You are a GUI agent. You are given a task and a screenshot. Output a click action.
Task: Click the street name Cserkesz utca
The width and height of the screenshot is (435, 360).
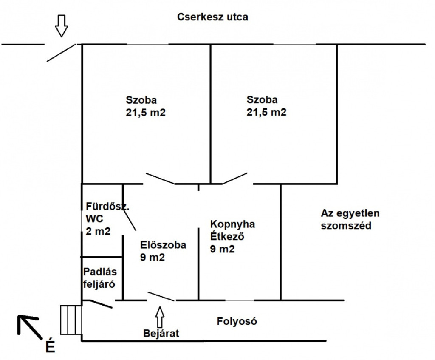[x=212, y=17]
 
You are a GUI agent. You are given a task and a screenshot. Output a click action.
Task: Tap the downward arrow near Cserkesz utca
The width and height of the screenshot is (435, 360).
[x=61, y=26]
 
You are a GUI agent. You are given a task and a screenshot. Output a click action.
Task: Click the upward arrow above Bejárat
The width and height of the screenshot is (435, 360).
[x=160, y=317]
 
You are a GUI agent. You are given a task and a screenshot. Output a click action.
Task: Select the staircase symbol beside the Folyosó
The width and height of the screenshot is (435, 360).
[x=71, y=320]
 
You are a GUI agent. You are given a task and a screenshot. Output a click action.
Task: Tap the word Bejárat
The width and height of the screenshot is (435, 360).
[x=161, y=333]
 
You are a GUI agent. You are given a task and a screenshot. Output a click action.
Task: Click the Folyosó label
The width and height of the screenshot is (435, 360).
[x=237, y=321]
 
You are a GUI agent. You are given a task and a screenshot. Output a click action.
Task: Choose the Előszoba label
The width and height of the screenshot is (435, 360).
[x=163, y=245]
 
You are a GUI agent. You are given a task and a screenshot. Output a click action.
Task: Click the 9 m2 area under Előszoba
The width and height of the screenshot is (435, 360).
[x=153, y=257]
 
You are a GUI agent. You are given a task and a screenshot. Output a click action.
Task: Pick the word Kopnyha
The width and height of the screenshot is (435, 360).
[x=232, y=224]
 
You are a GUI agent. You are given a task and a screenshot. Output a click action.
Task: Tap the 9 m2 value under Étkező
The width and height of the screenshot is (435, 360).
[x=222, y=249]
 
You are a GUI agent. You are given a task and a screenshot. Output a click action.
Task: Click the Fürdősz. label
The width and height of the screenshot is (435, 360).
[x=107, y=207]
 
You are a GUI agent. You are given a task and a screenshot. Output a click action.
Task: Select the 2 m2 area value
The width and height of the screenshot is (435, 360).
[x=98, y=231]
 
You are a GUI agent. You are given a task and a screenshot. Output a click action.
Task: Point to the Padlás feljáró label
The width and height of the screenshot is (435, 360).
[x=100, y=278]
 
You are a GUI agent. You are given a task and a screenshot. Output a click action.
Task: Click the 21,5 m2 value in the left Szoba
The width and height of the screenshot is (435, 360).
[x=145, y=113]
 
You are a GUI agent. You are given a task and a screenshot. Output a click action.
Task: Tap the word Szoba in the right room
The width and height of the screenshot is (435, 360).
[x=262, y=99]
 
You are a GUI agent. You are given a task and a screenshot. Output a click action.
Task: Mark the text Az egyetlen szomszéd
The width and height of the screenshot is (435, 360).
[x=350, y=219]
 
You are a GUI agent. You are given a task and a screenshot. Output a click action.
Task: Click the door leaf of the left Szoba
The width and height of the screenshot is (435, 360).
[x=161, y=179]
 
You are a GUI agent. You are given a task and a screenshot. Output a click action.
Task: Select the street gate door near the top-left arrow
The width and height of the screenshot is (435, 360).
[x=61, y=52]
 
